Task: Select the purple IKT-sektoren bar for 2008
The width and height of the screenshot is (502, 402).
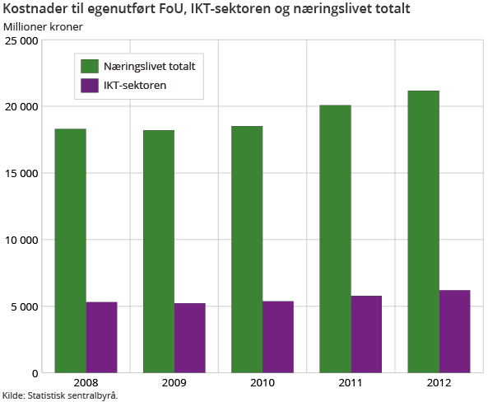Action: point(102,337)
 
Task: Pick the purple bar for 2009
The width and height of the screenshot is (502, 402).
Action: point(190,338)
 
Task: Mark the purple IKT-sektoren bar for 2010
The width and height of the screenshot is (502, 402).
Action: point(278,337)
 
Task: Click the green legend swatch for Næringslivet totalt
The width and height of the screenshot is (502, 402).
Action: point(90,65)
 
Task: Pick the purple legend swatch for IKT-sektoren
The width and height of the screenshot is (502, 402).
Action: point(90,84)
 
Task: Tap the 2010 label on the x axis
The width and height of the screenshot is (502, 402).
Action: point(263,383)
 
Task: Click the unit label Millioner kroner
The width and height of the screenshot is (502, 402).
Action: point(43,26)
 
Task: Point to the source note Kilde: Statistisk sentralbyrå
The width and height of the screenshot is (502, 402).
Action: point(60,395)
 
